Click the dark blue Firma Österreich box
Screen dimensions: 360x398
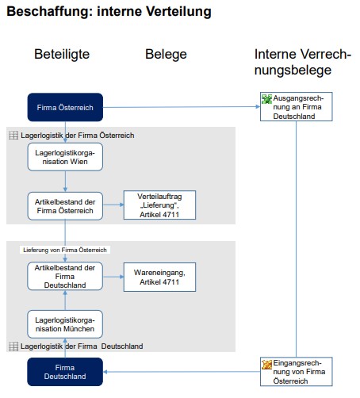[x=65, y=107]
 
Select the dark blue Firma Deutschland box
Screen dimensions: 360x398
[x=65, y=372]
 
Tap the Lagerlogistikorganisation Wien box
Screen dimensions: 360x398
[x=65, y=157]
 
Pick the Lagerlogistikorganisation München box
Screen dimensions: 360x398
[x=65, y=324]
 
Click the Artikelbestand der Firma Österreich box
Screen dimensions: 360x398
[x=65, y=206]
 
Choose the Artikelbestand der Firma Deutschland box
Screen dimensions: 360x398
[x=65, y=276]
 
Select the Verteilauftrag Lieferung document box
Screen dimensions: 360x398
[x=159, y=205]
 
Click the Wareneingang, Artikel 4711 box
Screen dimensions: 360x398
[x=159, y=277]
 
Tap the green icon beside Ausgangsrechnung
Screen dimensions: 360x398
[x=266, y=99]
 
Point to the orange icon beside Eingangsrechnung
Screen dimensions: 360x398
[x=266, y=365]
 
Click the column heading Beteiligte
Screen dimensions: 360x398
[x=62, y=55]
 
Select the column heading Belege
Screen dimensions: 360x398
[x=166, y=55]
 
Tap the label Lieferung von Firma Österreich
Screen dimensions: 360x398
[x=65, y=250]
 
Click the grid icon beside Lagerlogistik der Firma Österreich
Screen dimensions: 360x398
[x=13, y=136]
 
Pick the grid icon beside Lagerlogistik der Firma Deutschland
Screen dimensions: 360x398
[x=13, y=346]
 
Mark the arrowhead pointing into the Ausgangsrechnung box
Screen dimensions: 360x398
[x=258, y=106]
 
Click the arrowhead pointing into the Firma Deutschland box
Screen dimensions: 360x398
[x=105, y=372]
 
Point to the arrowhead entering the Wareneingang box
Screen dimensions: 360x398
[x=121, y=277]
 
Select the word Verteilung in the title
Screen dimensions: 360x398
[x=178, y=12]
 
